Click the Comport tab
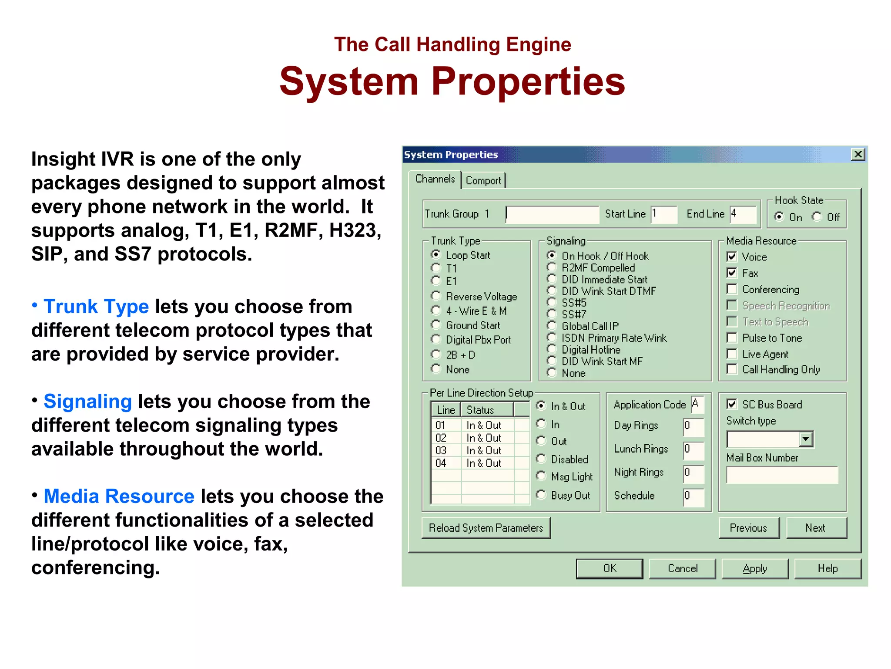pyautogui.click(x=483, y=180)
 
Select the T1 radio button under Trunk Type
pyautogui.click(x=436, y=268)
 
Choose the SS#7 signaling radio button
pyautogui.click(x=552, y=314)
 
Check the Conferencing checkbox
pyautogui.click(x=732, y=289)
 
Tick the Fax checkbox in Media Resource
pyautogui.click(x=732, y=273)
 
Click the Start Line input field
pyautogui.click(x=664, y=214)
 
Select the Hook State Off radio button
pyautogui.click(x=817, y=217)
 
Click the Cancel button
pyautogui.click(x=682, y=568)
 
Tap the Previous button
pyautogui.click(x=748, y=528)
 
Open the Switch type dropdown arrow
pyautogui.click(x=806, y=439)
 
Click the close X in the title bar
pyautogui.click(x=858, y=154)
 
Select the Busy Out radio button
pyautogui.click(x=541, y=495)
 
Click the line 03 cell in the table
pyautogui.click(x=441, y=450)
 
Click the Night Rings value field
pyautogui.click(x=693, y=473)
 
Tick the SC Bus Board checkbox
pyautogui.click(x=732, y=404)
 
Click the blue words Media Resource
pyautogui.click(x=119, y=497)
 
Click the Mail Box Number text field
pyautogui.click(x=782, y=475)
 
